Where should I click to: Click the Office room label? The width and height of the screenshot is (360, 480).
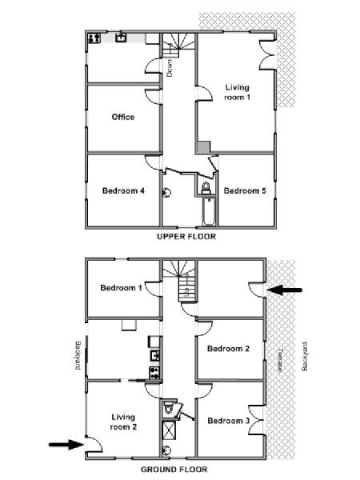(123, 117)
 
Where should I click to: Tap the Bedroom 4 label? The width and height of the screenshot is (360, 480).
(123, 190)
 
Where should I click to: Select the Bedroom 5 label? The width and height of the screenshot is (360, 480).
(245, 190)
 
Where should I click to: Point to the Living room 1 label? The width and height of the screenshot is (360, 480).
(238, 92)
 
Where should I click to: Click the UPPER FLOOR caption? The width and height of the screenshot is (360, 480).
(186, 236)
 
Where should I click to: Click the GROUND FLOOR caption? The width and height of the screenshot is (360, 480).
(174, 470)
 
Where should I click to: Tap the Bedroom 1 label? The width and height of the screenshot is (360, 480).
(122, 288)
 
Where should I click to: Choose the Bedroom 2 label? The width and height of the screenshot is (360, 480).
(228, 348)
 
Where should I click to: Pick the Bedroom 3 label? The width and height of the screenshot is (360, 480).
(229, 421)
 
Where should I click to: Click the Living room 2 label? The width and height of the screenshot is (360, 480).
(123, 422)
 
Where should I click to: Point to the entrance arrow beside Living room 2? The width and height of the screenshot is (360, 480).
(66, 444)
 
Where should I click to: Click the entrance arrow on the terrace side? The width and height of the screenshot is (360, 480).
(285, 290)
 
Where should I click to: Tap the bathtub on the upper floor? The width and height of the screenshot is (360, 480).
(209, 212)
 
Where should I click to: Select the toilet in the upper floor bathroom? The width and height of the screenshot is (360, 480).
(206, 188)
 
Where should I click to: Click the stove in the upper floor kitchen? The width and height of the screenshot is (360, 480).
(94, 38)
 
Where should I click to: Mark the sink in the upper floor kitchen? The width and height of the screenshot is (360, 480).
(122, 38)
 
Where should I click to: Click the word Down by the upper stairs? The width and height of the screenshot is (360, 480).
(170, 68)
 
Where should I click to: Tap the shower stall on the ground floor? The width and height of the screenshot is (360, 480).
(169, 430)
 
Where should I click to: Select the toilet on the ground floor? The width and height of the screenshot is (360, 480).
(169, 407)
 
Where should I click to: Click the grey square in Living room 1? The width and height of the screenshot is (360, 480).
(203, 147)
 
